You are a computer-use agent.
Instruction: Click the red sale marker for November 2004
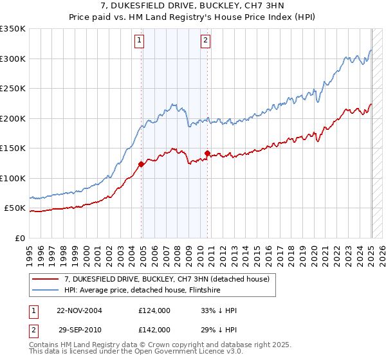(x=141, y=164)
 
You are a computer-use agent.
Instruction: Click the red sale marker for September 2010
(x=207, y=153)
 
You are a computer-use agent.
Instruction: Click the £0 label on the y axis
(x=19, y=239)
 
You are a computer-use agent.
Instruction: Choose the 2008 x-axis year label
(x=177, y=249)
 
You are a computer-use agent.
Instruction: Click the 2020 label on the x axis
(x=313, y=249)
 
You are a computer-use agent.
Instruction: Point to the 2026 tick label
(x=381, y=249)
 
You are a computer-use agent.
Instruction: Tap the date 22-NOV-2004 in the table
(x=79, y=310)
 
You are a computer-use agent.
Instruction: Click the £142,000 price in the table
(x=154, y=329)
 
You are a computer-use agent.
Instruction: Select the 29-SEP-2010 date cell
(x=79, y=329)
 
